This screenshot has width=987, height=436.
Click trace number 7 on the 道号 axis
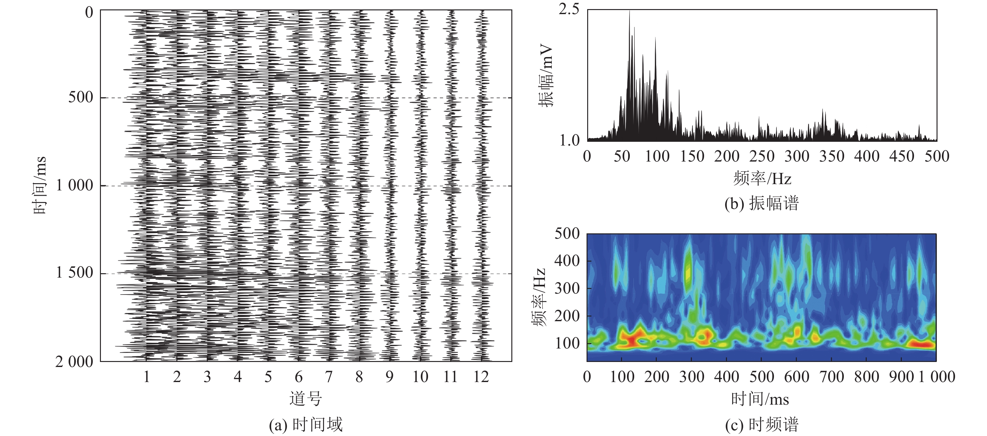[329, 377]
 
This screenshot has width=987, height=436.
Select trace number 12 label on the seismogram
[481, 377]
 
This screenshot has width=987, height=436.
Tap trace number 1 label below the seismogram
[146, 377]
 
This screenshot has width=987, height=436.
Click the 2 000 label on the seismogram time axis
[74, 362]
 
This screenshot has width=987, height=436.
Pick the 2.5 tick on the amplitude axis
[569, 10]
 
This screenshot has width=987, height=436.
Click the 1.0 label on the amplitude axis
[570, 141]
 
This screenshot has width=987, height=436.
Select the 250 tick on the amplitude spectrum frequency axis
[762, 157]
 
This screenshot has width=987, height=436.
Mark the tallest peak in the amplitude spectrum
[629, 12]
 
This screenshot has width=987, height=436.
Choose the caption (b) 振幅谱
[761, 203]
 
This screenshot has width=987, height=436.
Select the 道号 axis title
[305, 399]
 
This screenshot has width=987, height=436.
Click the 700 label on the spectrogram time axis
[832, 377]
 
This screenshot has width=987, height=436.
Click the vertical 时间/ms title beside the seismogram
[39, 186]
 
